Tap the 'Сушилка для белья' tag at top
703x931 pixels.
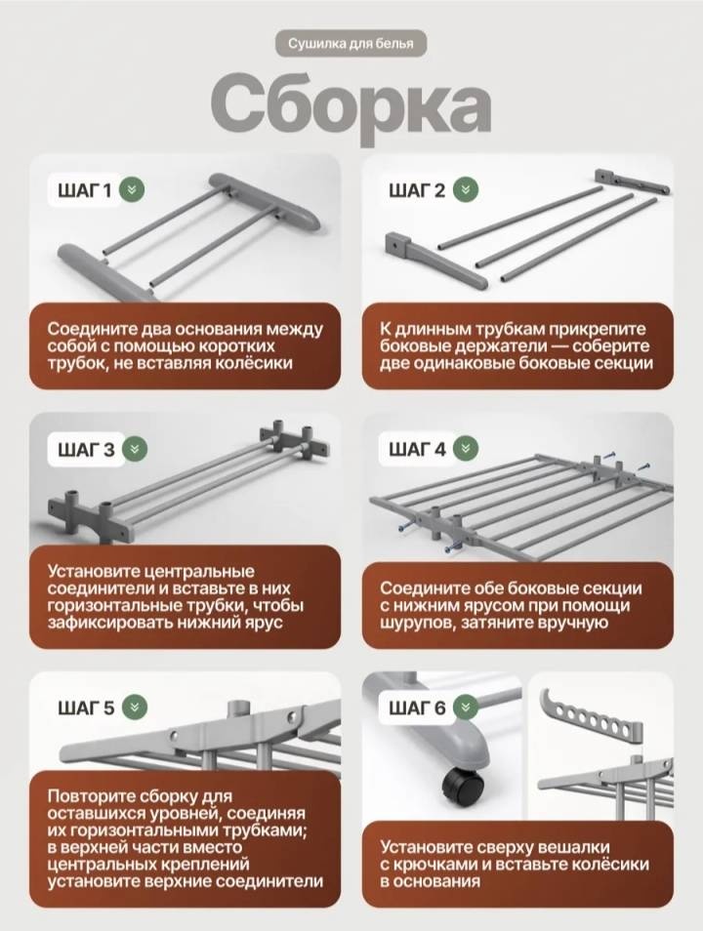(x=351, y=43)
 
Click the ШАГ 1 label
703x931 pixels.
(x=84, y=190)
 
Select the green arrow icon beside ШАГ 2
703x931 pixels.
(x=466, y=190)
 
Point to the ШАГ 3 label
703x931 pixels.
(x=86, y=450)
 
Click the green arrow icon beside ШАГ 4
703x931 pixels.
(x=466, y=449)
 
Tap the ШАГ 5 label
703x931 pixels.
(x=86, y=708)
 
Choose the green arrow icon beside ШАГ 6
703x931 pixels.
(x=466, y=708)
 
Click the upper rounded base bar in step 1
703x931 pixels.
(x=265, y=202)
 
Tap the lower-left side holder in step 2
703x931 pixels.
(x=433, y=259)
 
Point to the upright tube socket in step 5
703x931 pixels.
(x=241, y=708)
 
